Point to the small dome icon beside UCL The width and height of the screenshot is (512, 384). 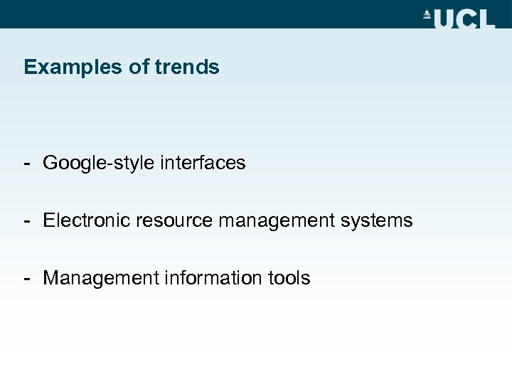[427, 14]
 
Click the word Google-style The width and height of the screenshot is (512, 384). [97, 164]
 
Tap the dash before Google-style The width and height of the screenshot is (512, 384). [26, 164]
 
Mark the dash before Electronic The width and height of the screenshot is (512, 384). [26, 220]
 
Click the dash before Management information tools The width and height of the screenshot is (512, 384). [26, 277]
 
